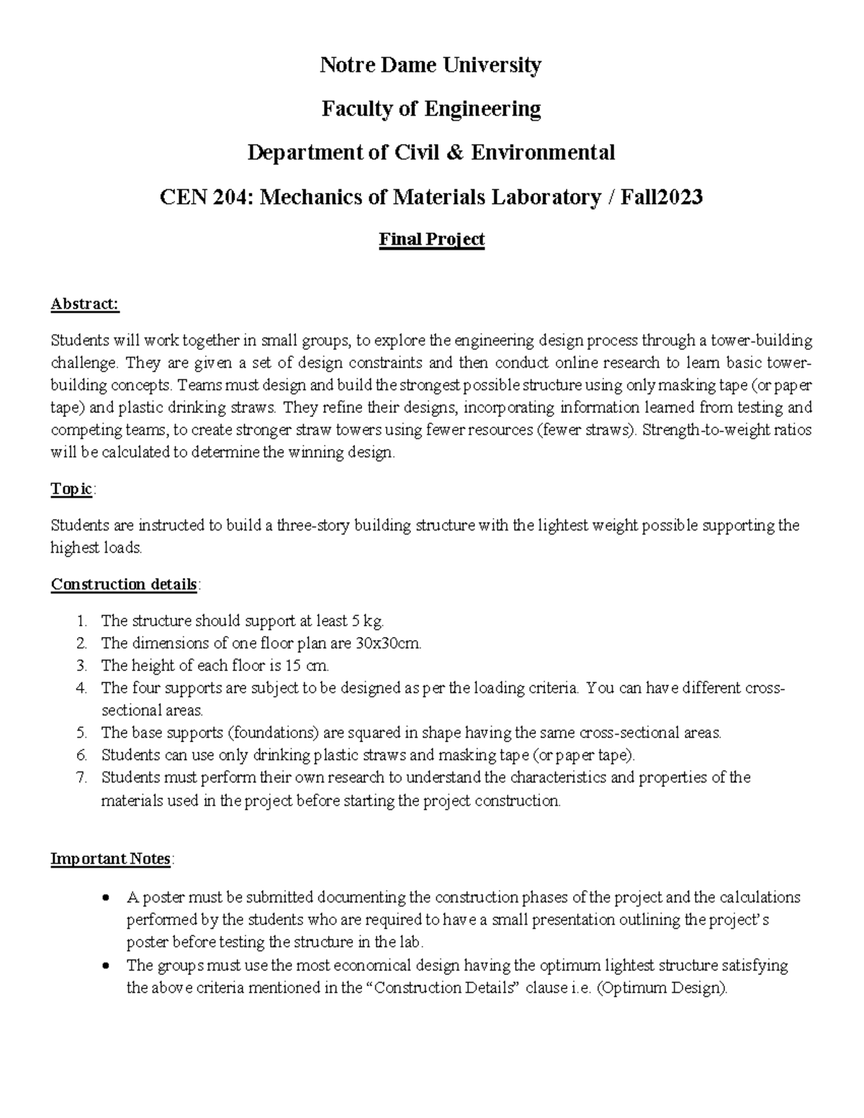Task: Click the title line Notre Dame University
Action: pyautogui.click(x=431, y=66)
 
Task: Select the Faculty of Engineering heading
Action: pyautogui.click(x=431, y=109)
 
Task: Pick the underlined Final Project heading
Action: pyautogui.click(x=431, y=239)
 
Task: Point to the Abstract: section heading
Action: pyautogui.click(x=84, y=305)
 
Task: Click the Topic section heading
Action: pyautogui.click(x=71, y=490)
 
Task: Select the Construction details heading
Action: pyautogui.click(x=124, y=584)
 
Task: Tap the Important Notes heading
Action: pyautogui.click(x=110, y=859)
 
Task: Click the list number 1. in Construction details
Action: pyautogui.click(x=82, y=621)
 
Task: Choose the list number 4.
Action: pyautogui.click(x=81, y=688)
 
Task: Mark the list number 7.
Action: pyautogui.click(x=81, y=777)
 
